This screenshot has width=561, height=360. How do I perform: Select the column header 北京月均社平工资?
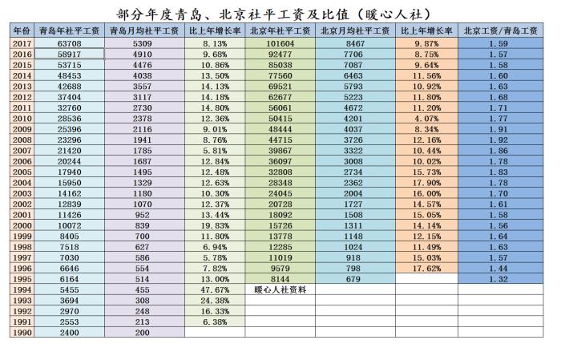(354, 30)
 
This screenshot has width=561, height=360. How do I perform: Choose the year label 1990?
(22, 331)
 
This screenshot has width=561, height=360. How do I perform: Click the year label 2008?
(22, 138)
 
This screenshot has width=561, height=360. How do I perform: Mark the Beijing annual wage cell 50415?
(281, 117)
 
